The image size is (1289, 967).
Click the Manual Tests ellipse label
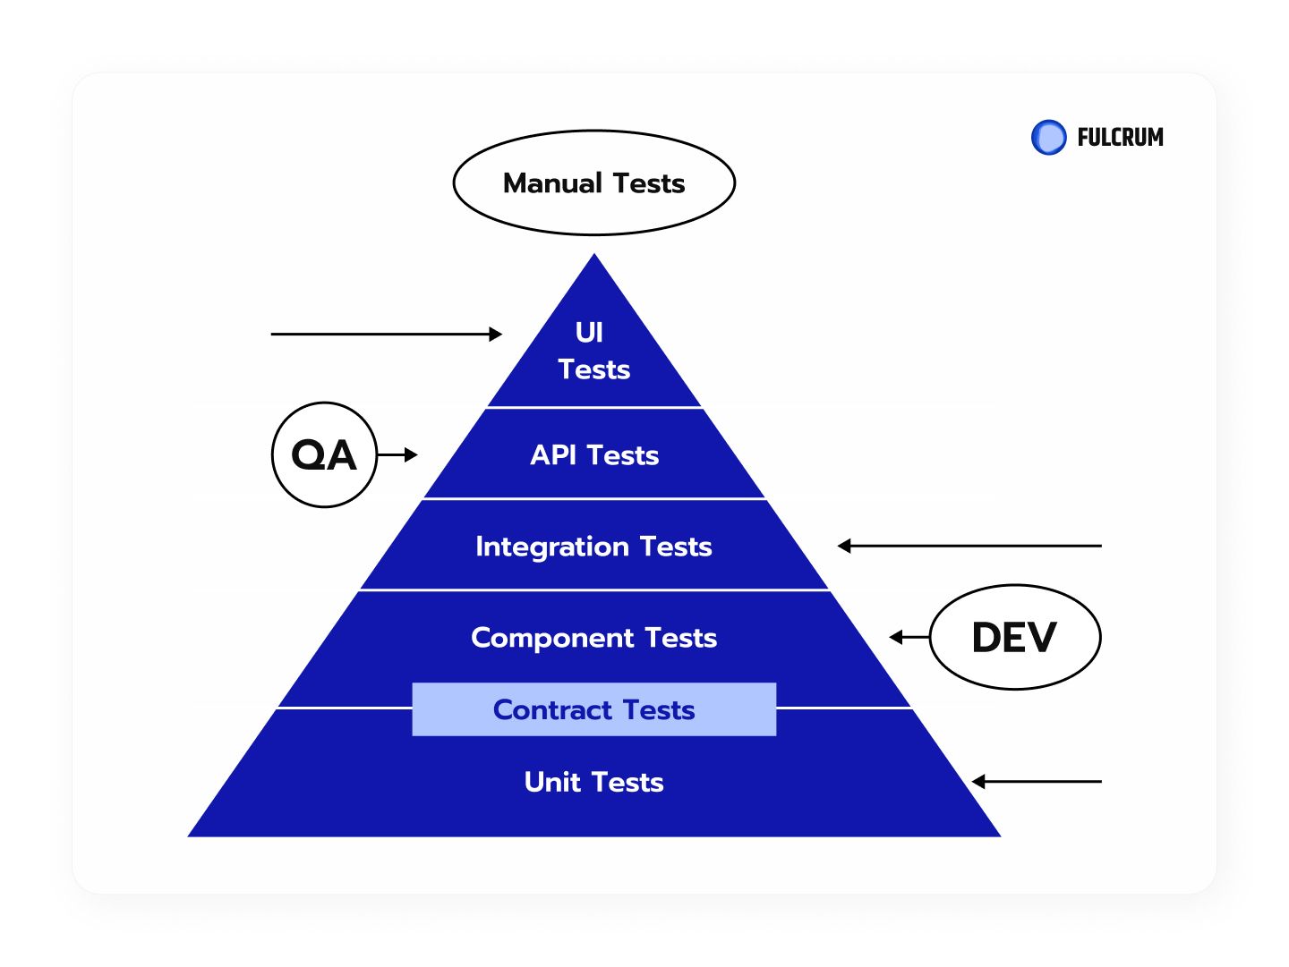593,183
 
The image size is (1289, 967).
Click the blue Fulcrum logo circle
1048,137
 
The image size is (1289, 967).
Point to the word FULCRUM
1120,137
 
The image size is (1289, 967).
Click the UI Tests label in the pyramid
593,351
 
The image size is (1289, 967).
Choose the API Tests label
594,454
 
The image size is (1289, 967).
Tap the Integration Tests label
593,547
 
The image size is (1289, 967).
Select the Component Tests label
593,638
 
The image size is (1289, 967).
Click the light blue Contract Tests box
593,709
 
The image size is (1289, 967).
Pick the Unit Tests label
593,782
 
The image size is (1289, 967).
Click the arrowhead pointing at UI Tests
496,334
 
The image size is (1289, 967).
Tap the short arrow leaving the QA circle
397,454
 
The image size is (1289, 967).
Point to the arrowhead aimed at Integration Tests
844,546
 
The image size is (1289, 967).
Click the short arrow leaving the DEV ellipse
909,637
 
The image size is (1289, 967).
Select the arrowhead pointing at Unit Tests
978,782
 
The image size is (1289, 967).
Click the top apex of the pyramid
594,253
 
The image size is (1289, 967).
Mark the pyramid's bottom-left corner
188,836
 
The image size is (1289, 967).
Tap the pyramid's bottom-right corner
1001,836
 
